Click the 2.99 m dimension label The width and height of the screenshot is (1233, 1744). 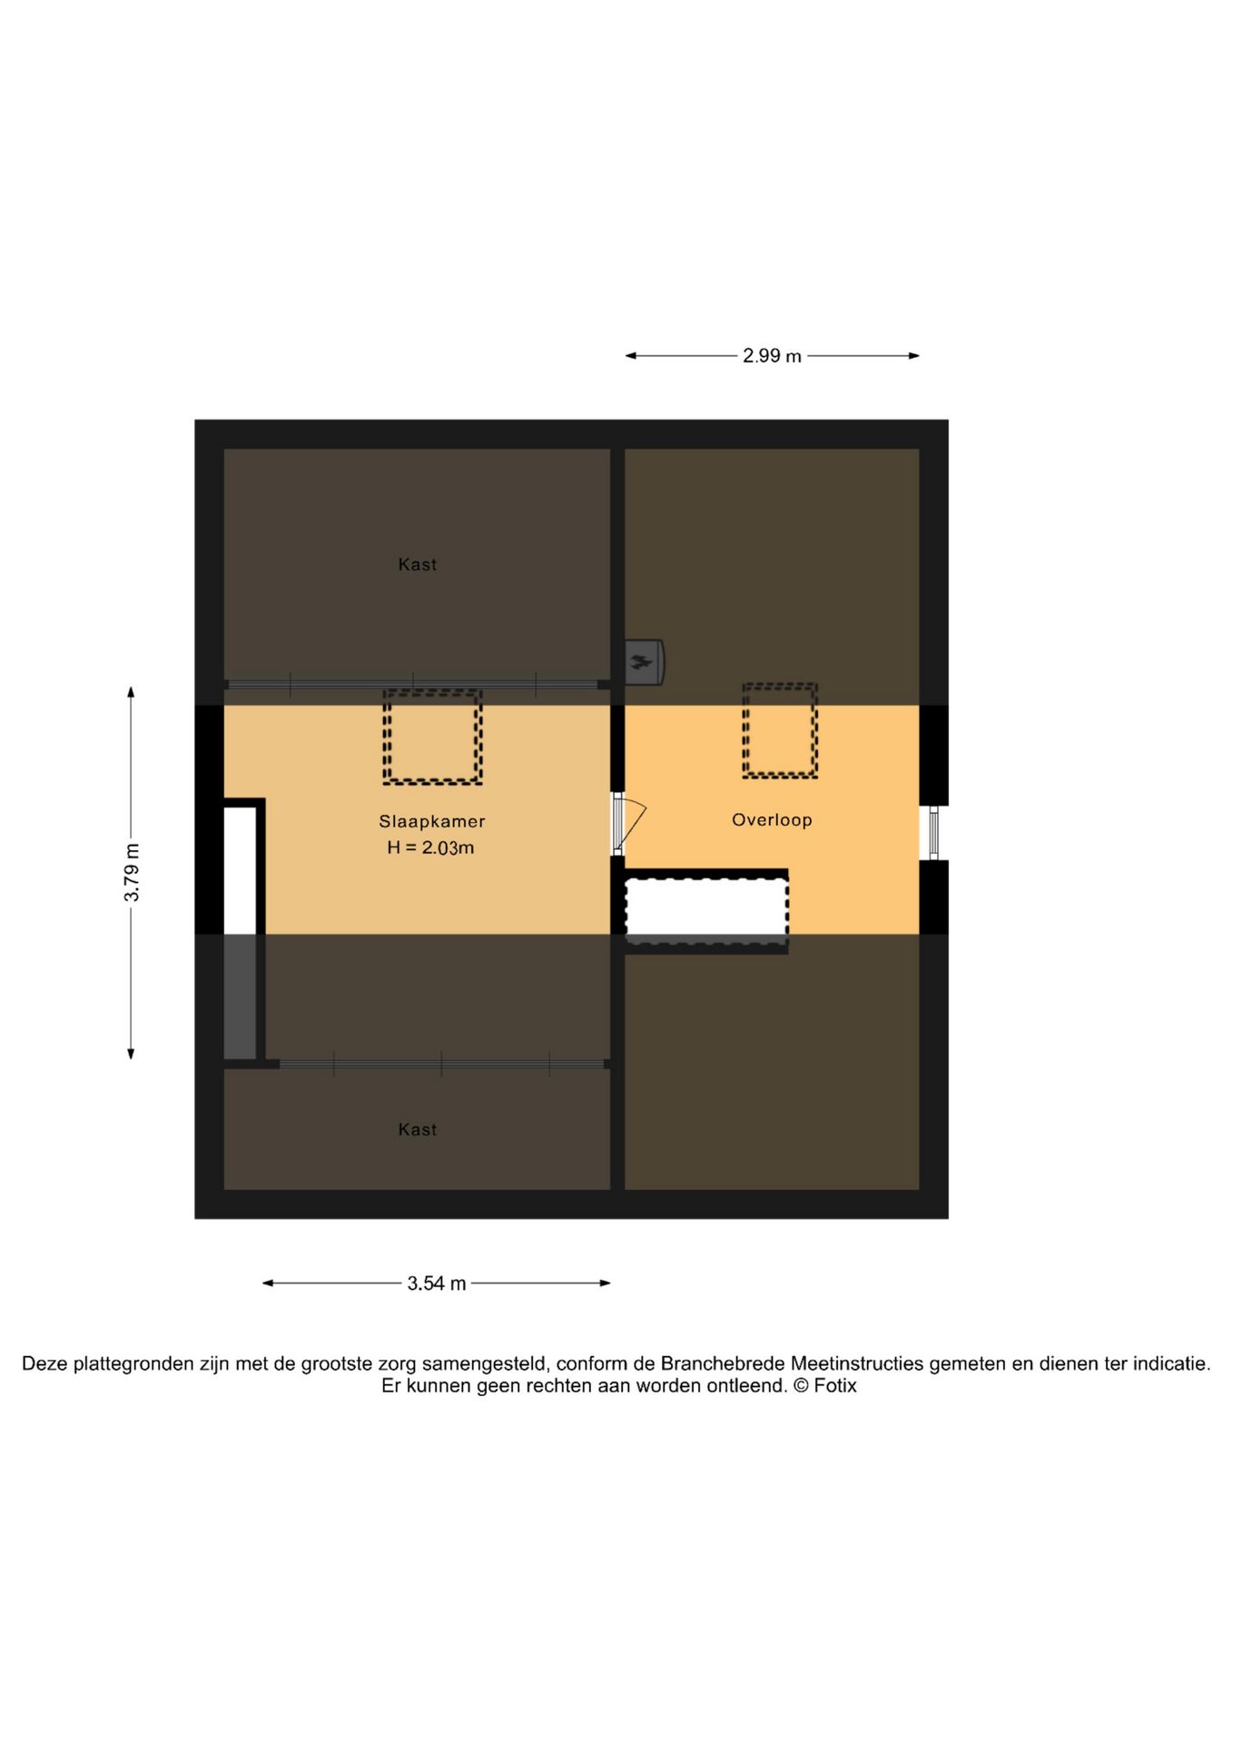click(x=772, y=356)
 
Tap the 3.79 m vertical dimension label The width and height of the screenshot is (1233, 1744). click(x=132, y=872)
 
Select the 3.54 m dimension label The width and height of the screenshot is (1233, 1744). click(x=436, y=1283)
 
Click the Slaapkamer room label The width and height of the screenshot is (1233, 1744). click(x=432, y=821)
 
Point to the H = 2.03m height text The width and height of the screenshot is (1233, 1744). click(x=430, y=847)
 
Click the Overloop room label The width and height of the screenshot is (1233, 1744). click(x=772, y=819)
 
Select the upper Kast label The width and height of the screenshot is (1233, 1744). click(x=418, y=564)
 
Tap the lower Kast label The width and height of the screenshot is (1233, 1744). click(x=418, y=1129)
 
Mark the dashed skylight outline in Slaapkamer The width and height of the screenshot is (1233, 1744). click(x=432, y=737)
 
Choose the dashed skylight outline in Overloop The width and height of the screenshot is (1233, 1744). click(x=780, y=730)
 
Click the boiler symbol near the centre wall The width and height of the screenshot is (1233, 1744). click(x=644, y=662)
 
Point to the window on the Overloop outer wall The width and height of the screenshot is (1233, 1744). click(x=933, y=832)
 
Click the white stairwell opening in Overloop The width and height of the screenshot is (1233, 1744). click(x=706, y=909)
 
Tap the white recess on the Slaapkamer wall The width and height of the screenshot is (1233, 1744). click(x=241, y=869)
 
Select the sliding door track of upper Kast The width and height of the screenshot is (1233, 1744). click(x=413, y=684)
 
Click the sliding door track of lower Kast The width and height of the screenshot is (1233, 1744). click(x=442, y=1064)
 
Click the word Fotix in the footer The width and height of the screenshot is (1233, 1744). click(x=835, y=1386)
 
